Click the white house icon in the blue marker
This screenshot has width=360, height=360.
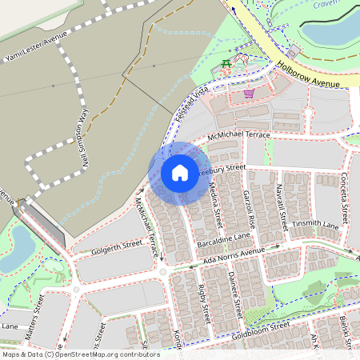[179, 173]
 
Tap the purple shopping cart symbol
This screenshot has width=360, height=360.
[249, 92]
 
